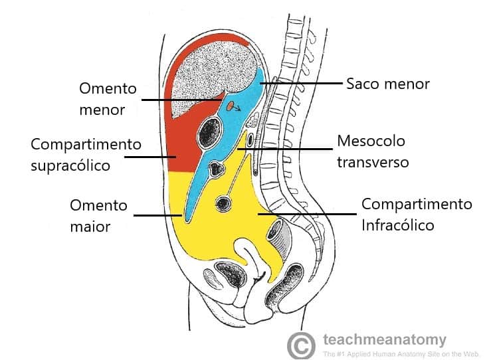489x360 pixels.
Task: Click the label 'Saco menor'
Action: pyautogui.click(x=388, y=84)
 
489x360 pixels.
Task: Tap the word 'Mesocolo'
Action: pyautogui.click(x=371, y=141)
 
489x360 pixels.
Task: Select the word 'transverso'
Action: pyautogui.click(x=373, y=162)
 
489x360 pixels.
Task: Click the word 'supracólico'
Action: pyautogui.click(x=70, y=166)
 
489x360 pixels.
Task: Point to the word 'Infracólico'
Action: pyautogui.click(x=397, y=225)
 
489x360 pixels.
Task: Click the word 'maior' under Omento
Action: pyautogui.click(x=90, y=226)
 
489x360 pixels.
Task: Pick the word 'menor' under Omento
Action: pyautogui.click(x=102, y=110)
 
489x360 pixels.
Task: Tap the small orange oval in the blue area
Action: pyautogui.click(x=230, y=106)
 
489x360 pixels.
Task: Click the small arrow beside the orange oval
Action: pyautogui.click(x=237, y=108)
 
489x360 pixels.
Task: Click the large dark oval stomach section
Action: pyautogui.click(x=210, y=132)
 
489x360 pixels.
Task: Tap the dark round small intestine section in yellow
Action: pyautogui.click(x=223, y=204)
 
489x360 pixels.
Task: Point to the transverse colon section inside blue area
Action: pyautogui.click(x=217, y=169)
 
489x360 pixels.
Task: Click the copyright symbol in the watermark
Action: pyautogui.click(x=301, y=345)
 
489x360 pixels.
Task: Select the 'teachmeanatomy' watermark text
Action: pyautogui.click(x=385, y=339)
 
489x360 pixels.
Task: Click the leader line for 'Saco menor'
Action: pyautogui.click(x=301, y=83)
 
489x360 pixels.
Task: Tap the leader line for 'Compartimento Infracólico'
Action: pyautogui.click(x=307, y=214)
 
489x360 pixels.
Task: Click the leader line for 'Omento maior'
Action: pyautogui.click(x=158, y=215)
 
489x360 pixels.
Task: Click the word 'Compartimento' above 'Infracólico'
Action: pyautogui.click(x=417, y=205)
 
